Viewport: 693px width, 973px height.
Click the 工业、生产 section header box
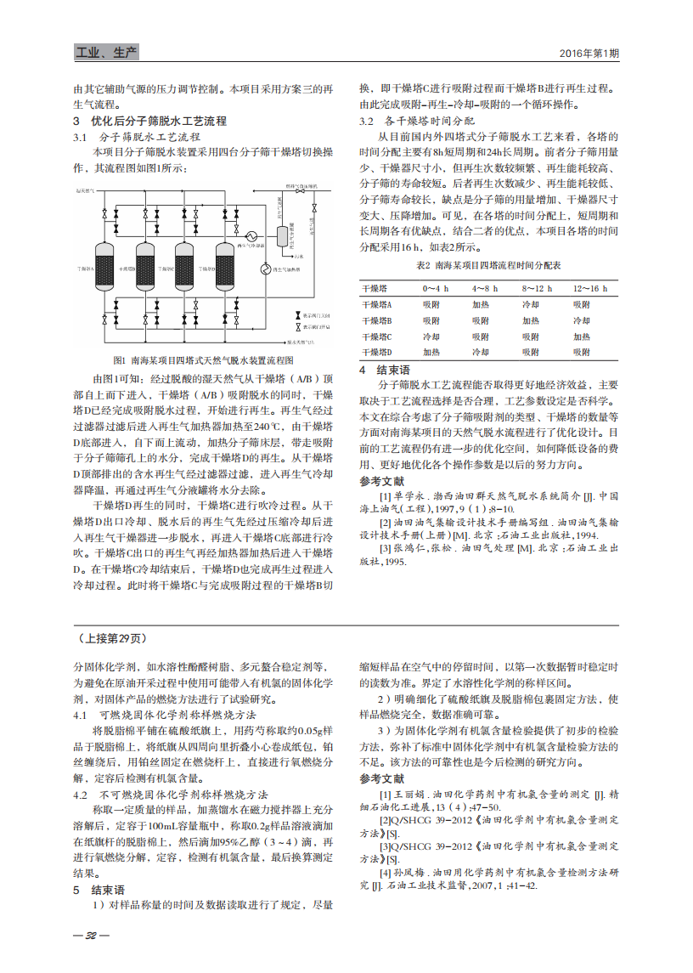(x=106, y=54)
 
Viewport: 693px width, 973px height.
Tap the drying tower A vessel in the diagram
(x=104, y=268)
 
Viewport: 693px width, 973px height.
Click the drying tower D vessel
(x=226, y=268)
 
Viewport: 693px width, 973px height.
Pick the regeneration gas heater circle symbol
(x=265, y=270)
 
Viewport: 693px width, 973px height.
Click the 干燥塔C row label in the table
(x=377, y=337)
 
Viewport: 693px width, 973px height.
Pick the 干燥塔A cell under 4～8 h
(x=481, y=304)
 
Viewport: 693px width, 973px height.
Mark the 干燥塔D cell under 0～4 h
(x=431, y=352)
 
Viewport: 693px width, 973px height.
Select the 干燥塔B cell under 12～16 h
(x=581, y=320)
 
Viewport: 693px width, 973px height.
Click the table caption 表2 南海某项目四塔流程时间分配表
(x=488, y=266)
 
